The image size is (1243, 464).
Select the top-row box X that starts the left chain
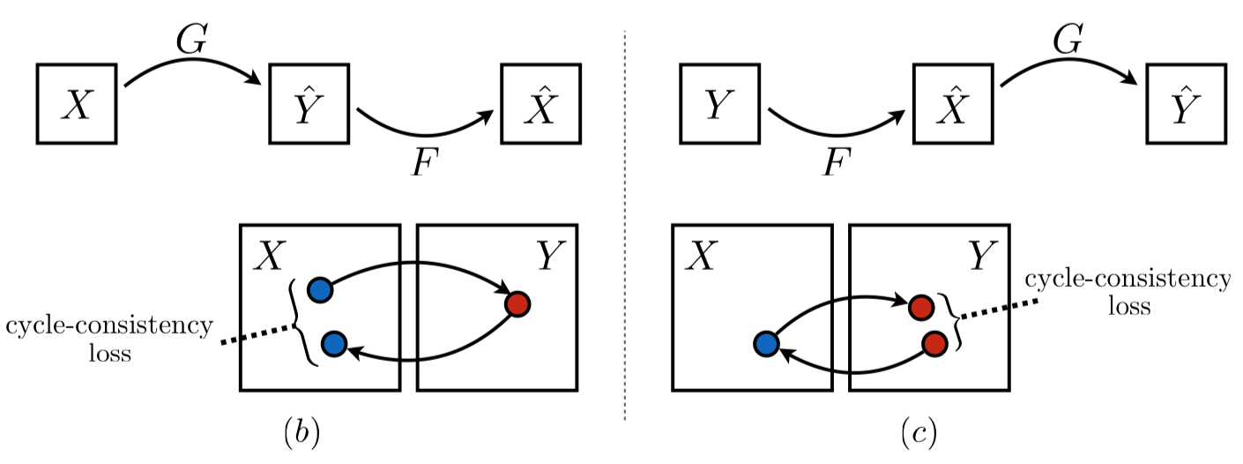(77, 103)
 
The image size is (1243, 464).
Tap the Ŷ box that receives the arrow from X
(309, 103)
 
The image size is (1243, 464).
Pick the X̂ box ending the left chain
(540, 103)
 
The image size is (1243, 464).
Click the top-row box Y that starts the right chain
(719, 103)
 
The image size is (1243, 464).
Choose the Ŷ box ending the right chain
(1186, 103)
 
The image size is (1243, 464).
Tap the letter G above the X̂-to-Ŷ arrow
(1068, 39)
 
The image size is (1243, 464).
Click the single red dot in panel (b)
(517, 304)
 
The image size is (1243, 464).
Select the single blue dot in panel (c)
(765, 344)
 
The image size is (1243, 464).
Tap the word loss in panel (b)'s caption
(109, 355)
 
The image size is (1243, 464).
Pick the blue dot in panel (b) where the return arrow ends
(333, 344)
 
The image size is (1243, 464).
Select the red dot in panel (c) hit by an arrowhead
(921, 307)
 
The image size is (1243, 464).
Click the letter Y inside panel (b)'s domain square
(549, 256)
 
